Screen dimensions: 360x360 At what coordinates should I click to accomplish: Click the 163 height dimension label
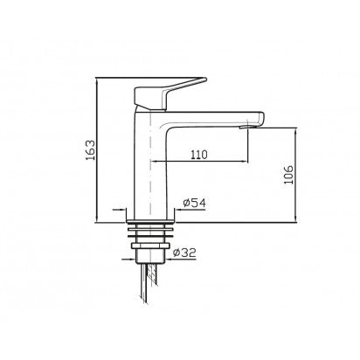[x=91, y=149]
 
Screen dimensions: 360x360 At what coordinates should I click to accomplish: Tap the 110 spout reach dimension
[x=199, y=155]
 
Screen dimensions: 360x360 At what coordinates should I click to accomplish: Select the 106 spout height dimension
[x=288, y=175]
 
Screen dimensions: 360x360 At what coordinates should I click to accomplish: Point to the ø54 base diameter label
[x=194, y=203]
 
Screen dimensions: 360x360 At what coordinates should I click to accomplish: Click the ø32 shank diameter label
[x=184, y=253]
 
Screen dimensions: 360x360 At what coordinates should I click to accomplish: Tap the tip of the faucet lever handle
[x=205, y=79]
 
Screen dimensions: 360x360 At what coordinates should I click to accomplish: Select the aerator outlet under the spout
[x=244, y=127]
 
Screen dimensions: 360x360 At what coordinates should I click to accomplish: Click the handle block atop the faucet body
[x=150, y=99]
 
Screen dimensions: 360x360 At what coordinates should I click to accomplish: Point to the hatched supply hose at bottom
[x=150, y=282]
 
